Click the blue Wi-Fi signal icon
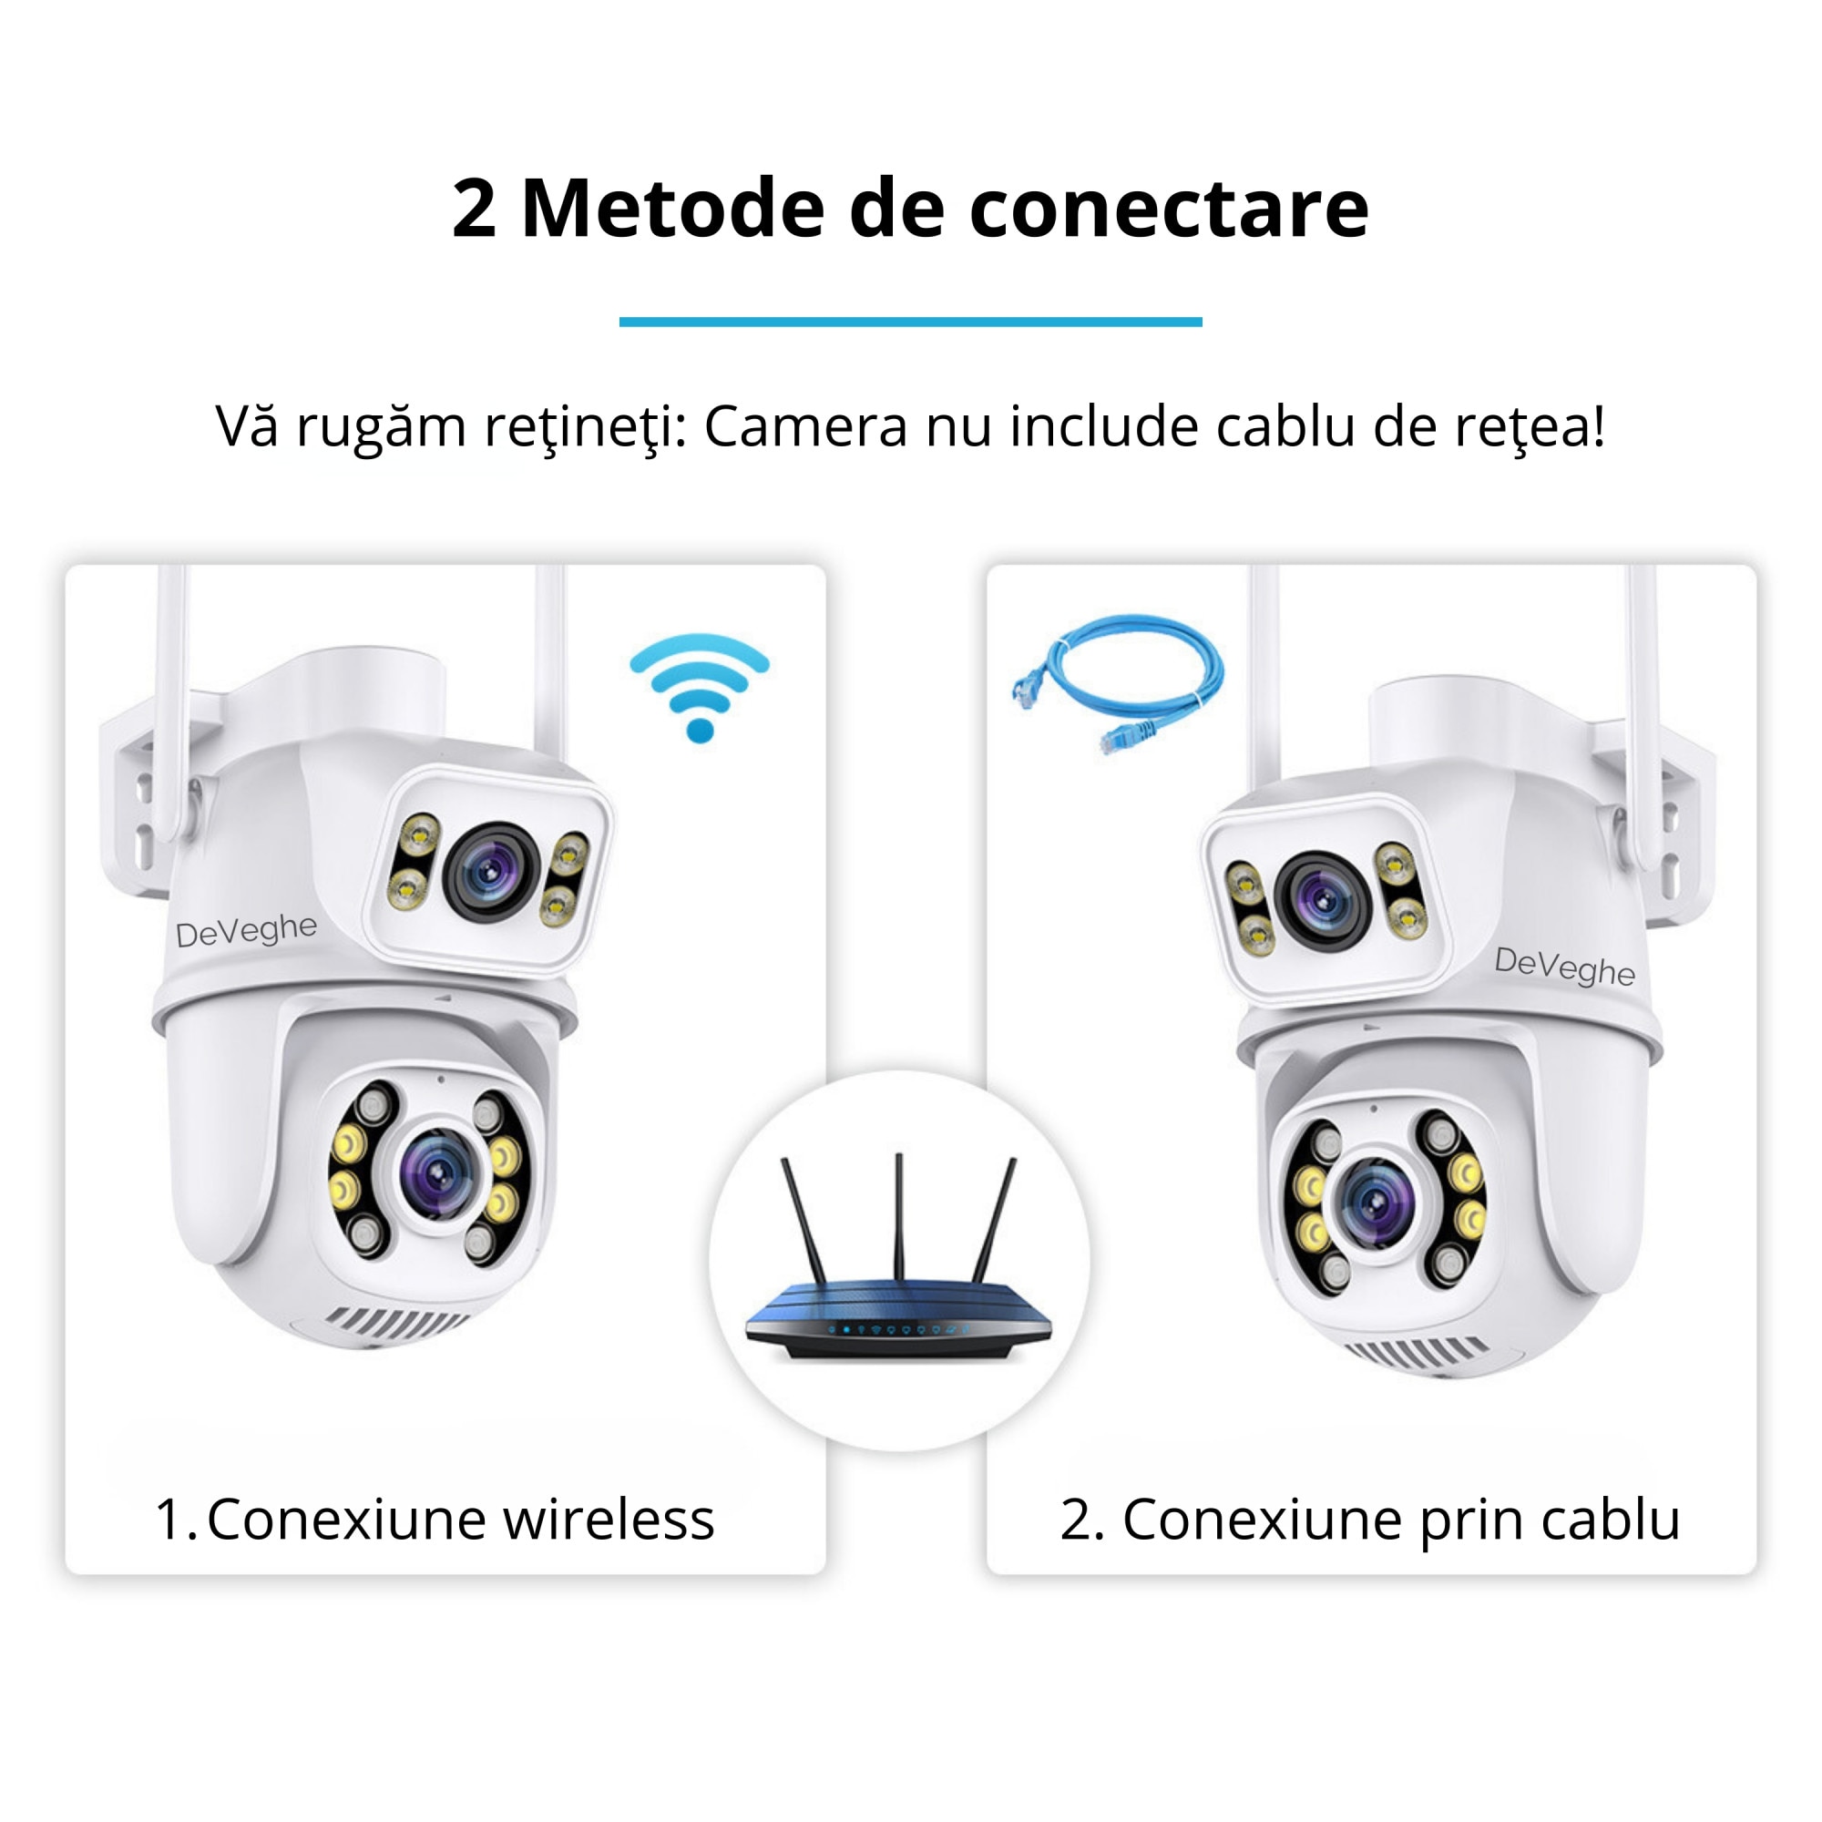[x=699, y=686]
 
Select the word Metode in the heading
[x=672, y=209]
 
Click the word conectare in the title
[x=1169, y=209]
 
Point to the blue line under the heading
[x=910, y=322]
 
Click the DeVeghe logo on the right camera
[x=1564, y=967]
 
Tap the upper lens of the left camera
[x=489, y=870]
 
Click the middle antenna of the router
[x=899, y=1216]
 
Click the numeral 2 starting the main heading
[x=474, y=209]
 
